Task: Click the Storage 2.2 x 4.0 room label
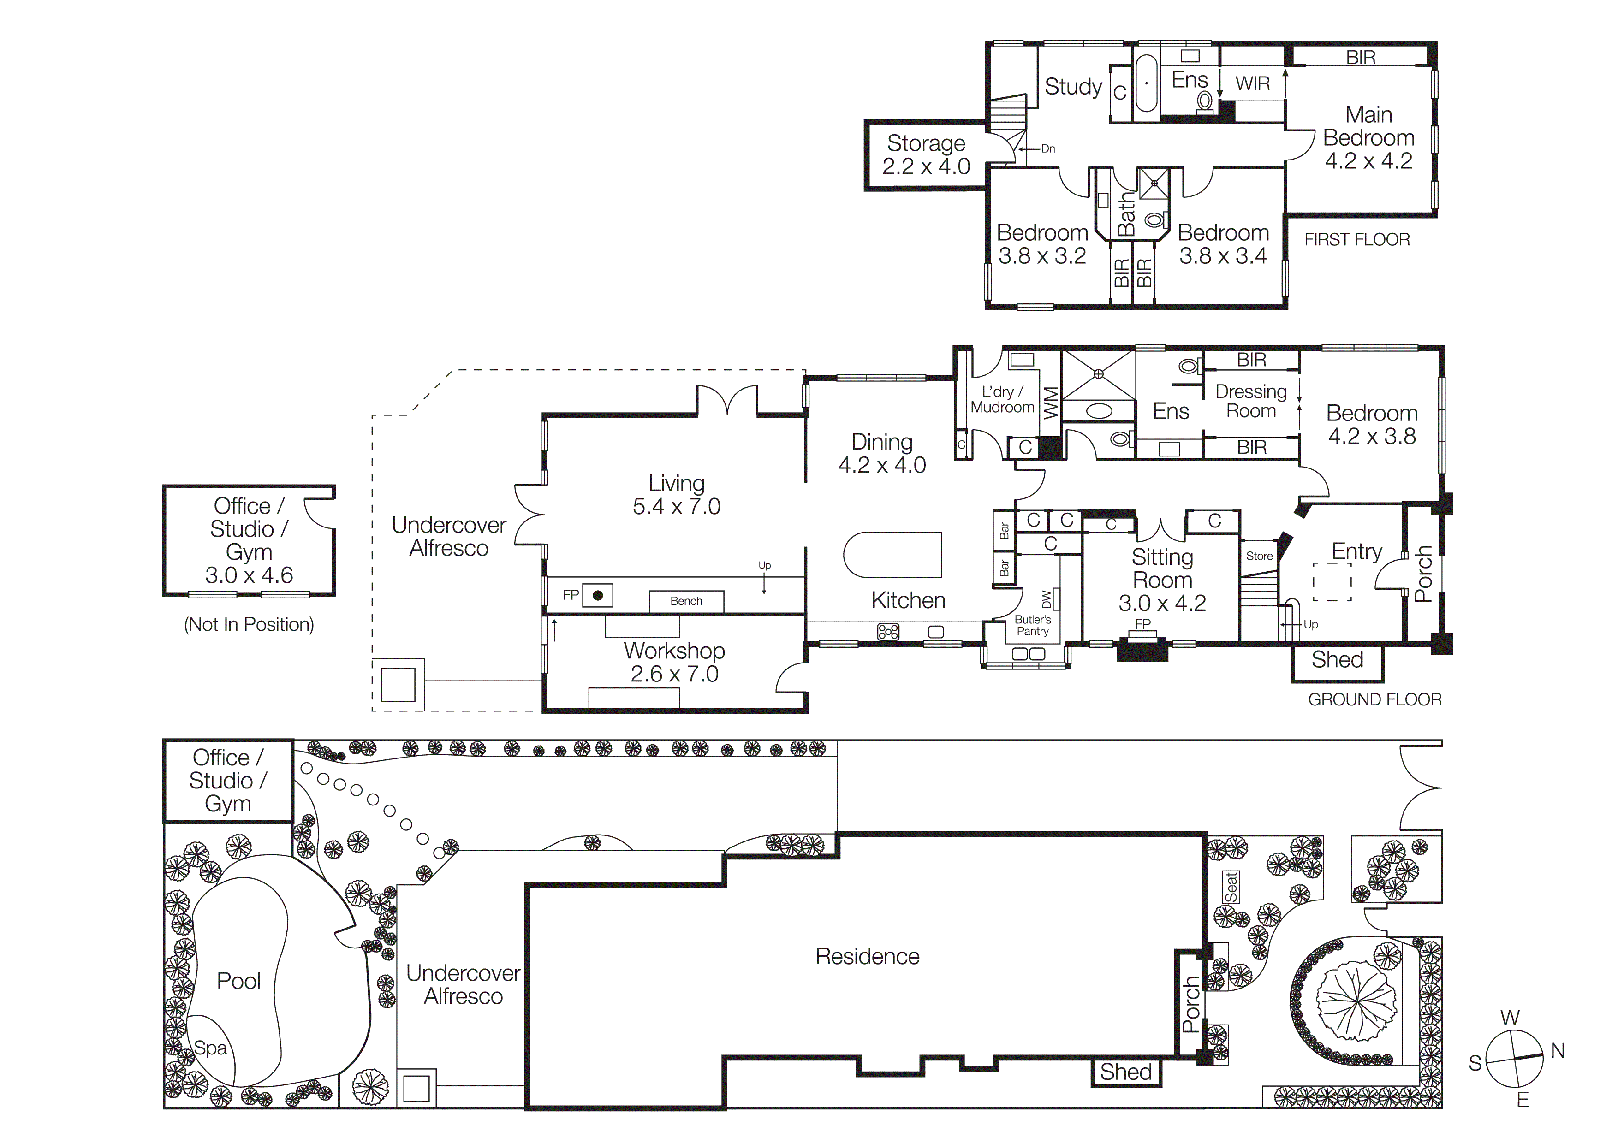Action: click(926, 155)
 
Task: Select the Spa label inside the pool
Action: click(210, 1048)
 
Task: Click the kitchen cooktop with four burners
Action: click(888, 632)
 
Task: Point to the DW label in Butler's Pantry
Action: click(1047, 599)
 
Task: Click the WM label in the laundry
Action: click(1050, 403)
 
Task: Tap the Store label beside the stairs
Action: click(1259, 556)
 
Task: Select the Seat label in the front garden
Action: click(1231, 888)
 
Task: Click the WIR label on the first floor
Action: click(1252, 84)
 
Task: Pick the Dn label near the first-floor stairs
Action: click(1048, 148)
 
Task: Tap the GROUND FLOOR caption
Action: click(1374, 699)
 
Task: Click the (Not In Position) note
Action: click(249, 625)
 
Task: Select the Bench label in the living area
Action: click(686, 601)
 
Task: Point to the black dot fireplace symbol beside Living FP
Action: click(598, 596)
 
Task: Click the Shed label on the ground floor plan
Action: click(1337, 660)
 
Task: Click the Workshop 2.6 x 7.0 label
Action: click(674, 662)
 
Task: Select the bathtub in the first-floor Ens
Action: click(1147, 83)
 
